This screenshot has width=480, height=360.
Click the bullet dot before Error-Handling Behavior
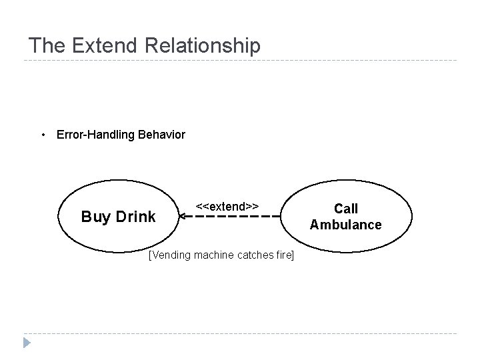tap(43, 135)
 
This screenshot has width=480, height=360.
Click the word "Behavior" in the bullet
tap(163, 135)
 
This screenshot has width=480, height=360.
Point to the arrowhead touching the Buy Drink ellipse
tap(182, 217)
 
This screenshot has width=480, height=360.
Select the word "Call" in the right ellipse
tap(345, 209)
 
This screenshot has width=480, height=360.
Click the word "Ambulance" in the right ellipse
tap(345, 225)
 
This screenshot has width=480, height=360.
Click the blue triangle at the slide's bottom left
tap(27, 343)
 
